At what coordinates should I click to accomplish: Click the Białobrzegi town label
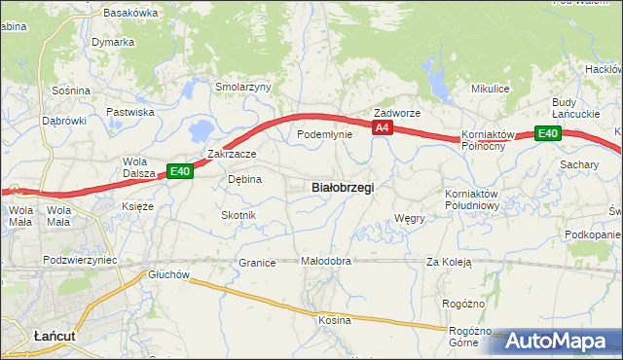[342, 187]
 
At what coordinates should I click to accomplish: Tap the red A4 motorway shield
[382, 127]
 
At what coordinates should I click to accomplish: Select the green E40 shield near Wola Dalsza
[179, 171]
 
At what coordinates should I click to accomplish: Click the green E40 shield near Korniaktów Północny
[547, 133]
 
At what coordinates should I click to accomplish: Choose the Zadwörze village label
[397, 113]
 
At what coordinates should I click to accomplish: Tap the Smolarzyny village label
[242, 87]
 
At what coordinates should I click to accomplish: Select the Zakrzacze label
[232, 154]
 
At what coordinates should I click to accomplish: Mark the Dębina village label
[244, 179]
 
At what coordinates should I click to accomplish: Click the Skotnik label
[238, 214]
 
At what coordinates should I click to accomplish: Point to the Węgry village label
[410, 219]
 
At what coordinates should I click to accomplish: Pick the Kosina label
[334, 319]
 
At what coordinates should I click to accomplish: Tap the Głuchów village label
[168, 274]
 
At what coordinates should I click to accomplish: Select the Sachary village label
[578, 164]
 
